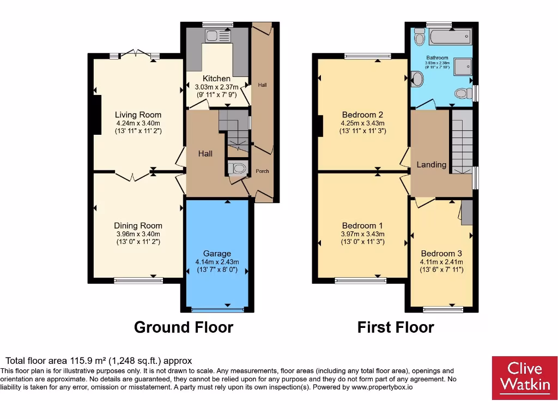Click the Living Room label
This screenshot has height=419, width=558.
click(x=138, y=115)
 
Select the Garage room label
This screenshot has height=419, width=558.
click(x=217, y=253)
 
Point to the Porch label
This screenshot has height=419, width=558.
click(x=262, y=171)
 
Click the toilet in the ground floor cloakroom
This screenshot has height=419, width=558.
click(x=237, y=169)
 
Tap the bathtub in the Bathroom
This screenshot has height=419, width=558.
click(x=450, y=38)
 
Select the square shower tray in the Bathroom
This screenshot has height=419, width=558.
click(x=460, y=66)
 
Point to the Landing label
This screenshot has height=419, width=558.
click(x=431, y=164)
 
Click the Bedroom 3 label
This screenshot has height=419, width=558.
click(x=441, y=253)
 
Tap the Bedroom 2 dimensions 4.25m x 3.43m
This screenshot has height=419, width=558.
click(x=362, y=123)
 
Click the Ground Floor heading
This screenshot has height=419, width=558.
click(x=184, y=327)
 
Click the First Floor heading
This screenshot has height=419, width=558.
click(x=396, y=327)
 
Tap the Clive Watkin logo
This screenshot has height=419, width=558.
click(x=525, y=378)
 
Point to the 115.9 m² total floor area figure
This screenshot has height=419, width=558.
click(x=89, y=361)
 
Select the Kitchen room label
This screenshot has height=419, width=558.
click(x=216, y=79)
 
